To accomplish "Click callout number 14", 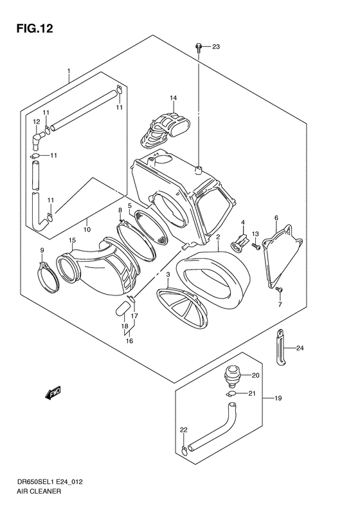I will point(173,98).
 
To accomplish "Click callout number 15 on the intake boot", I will point(73,241).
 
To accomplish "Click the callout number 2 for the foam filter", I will point(218,237).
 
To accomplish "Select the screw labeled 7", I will point(280,291).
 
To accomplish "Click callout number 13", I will point(255,234).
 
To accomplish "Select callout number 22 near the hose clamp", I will point(183,430).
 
